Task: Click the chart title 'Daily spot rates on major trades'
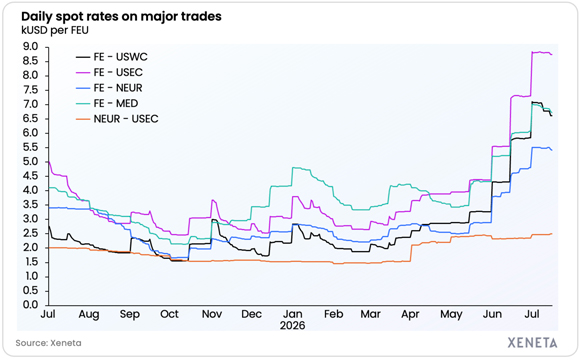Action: tap(121, 17)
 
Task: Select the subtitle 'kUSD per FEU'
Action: tap(55, 30)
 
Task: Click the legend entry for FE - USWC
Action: tap(112, 57)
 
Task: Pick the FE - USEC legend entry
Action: tap(109, 73)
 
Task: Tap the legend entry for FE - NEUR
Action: tap(109, 88)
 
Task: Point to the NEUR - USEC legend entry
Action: tap(117, 119)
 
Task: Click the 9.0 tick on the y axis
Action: tap(31, 47)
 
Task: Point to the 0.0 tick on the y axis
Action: tap(31, 305)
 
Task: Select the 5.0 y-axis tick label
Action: tap(31, 162)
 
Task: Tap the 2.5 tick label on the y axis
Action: tap(31, 233)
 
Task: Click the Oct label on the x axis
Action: tap(169, 314)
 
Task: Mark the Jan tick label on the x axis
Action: tap(293, 314)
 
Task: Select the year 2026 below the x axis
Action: tap(293, 326)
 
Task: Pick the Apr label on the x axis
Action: tap(410, 314)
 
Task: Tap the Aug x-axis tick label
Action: tap(89, 314)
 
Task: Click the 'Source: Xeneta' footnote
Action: tap(48, 343)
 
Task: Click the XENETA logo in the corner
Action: tap(532, 343)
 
